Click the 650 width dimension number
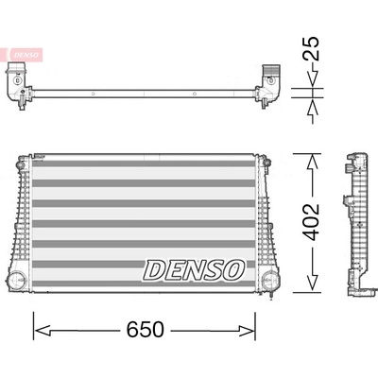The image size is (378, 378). [146, 330]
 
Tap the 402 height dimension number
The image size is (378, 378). [311, 222]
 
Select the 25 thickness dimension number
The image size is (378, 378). [311, 48]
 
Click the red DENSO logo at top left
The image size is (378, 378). [26, 55]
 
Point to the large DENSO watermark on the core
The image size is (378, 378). [194, 270]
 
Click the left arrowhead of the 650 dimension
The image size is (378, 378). [43, 331]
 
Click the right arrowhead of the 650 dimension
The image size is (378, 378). [247, 331]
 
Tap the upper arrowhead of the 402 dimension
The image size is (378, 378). [312, 163]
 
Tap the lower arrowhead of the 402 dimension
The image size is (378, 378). [312, 283]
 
